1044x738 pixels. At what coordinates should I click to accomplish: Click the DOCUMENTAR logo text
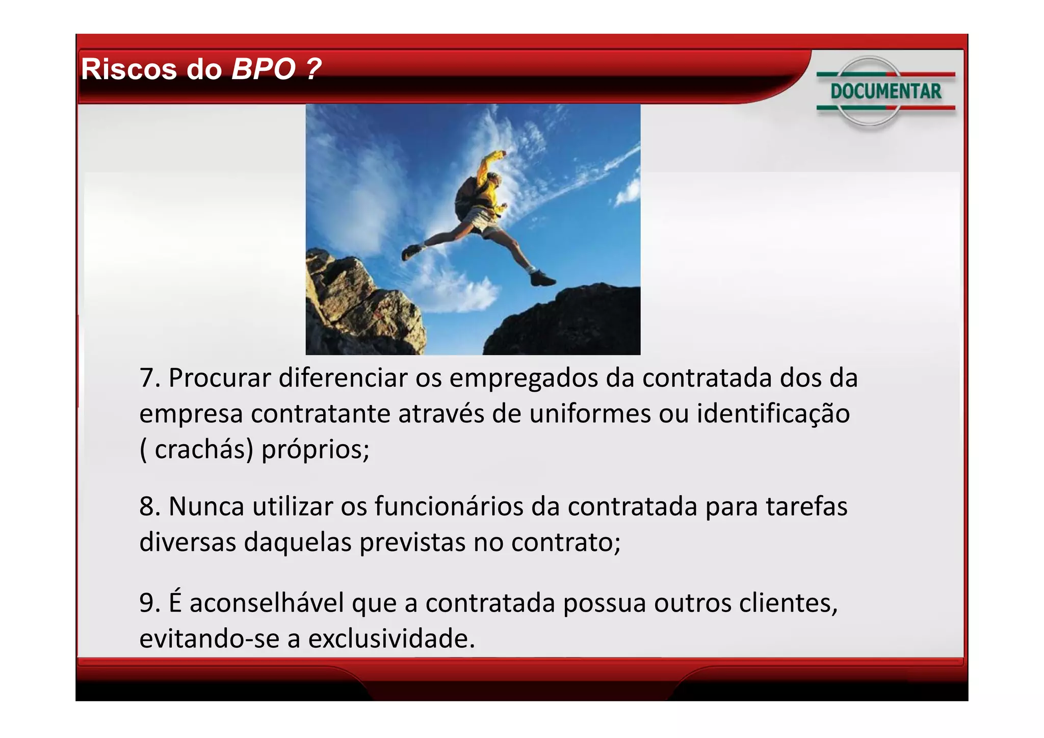(x=885, y=91)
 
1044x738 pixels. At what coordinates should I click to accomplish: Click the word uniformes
(x=590, y=414)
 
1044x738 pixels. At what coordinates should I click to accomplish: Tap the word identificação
(x=773, y=414)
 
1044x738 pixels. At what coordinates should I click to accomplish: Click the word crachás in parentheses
(x=203, y=450)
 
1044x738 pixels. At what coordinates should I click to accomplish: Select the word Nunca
(x=206, y=507)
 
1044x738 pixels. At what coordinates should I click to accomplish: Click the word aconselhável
(x=267, y=603)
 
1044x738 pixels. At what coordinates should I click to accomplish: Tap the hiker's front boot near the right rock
(x=542, y=278)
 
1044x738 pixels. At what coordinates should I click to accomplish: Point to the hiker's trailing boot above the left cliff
(x=411, y=251)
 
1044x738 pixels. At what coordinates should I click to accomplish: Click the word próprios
(x=315, y=450)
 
